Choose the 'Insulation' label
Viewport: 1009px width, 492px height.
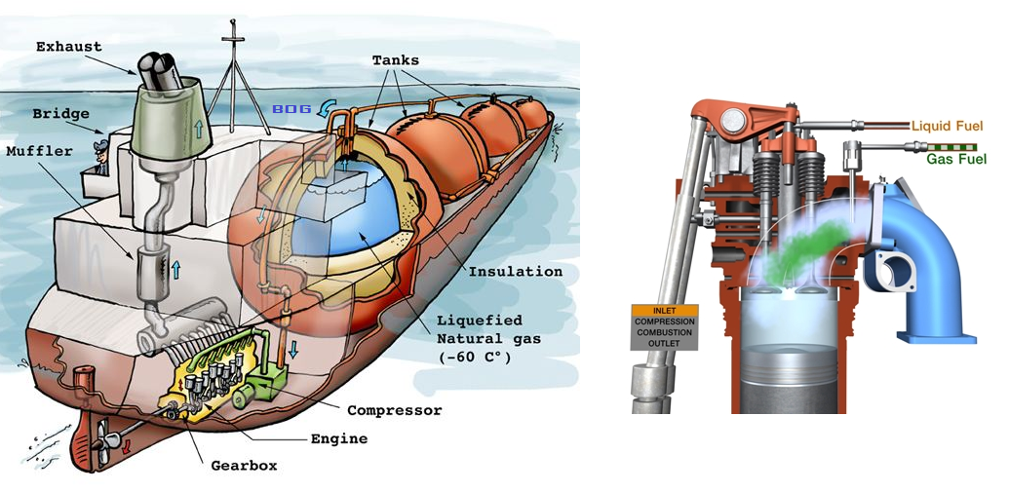tap(516, 271)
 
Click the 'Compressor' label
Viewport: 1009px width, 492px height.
tap(393, 410)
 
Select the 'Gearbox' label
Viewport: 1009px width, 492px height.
tap(244, 465)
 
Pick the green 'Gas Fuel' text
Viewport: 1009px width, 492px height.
tap(954, 158)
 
